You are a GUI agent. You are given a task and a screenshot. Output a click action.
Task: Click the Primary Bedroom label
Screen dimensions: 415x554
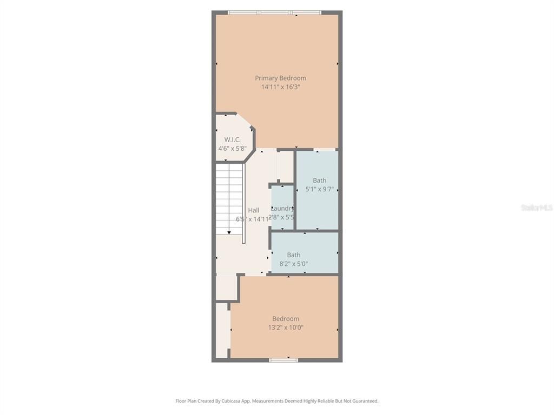280,78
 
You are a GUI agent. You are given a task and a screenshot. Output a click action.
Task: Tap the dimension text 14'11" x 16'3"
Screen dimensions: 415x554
280,86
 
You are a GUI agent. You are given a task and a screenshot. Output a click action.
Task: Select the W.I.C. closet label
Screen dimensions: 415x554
232,139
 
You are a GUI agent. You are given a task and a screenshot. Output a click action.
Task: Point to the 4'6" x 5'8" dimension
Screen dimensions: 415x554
232,148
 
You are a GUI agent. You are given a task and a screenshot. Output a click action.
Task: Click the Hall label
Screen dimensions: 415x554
253,210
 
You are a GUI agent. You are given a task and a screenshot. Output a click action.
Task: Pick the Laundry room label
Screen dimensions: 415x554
282,208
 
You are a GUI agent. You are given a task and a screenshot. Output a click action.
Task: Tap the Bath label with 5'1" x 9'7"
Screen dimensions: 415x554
319,180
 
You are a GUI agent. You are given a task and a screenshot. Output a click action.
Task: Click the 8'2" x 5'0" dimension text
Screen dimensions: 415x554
293,264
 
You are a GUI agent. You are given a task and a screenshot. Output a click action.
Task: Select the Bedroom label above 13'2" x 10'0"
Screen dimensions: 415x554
285,319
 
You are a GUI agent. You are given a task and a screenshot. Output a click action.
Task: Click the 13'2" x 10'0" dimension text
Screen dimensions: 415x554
285,327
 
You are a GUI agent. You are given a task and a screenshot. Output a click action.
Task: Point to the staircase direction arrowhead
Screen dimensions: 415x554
229,232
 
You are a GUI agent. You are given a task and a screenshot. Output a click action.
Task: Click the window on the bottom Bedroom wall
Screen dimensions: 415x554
283,359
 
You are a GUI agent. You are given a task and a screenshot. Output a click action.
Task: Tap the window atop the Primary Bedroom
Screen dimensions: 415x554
274,12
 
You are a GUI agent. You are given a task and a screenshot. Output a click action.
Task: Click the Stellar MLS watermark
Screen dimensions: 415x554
536,207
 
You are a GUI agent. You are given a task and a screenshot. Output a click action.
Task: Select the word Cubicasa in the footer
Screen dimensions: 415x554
232,401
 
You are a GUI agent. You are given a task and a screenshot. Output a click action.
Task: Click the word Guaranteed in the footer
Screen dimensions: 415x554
365,401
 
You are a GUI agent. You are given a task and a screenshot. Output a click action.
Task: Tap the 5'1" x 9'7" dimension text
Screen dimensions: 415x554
319,189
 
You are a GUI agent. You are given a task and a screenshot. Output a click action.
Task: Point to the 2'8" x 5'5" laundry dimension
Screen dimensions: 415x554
282,217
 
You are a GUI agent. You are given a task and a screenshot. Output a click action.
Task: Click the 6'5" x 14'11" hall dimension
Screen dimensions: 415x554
252,219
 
